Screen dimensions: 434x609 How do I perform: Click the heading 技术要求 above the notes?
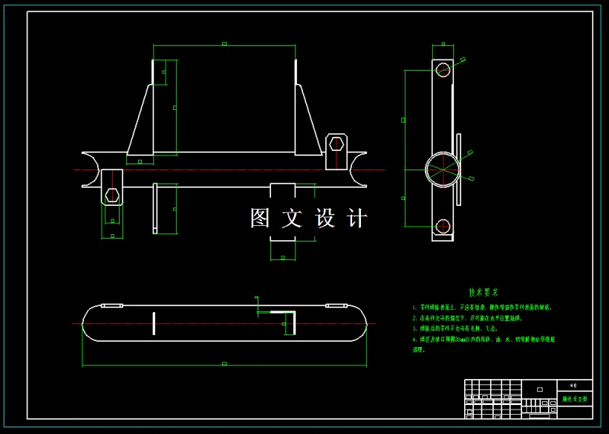pyautogui.click(x=483, y=293)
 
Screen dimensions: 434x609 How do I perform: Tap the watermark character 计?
pyautogui.click(x=357, y=218)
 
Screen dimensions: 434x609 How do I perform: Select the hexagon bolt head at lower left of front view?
pyautogui.click(x=112, y=195)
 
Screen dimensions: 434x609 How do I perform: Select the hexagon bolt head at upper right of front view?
pyautogui.click(x=336, y=143)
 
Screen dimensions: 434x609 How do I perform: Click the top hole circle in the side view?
pyautogui.click(x=443, y=70)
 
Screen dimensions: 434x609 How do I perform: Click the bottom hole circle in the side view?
pyautogui.click(x=443, y=227)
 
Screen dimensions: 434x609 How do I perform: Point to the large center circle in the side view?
pyautogui.click(x=443, y=169)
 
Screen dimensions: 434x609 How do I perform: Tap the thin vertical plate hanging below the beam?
pyautogui.click(x=155, y=208)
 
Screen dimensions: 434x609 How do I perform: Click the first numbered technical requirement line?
pyautogui.click(x=482, y=306)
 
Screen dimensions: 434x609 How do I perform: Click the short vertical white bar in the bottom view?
pyautogui.click(x=154, y=324)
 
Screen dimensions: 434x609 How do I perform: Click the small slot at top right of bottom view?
pyautogui.click(x=336, y=305)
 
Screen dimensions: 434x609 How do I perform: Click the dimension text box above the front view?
pyautogui.click(x=224, y=44)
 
